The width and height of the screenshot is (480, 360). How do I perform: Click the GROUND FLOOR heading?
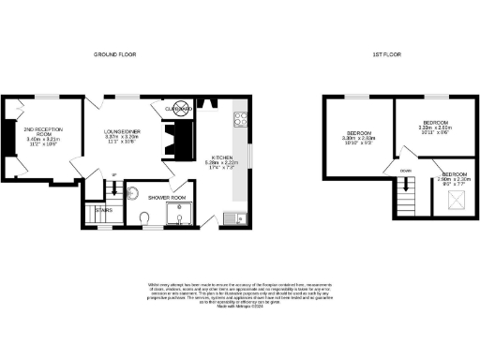[115, 55]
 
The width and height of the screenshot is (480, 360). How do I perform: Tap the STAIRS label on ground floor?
[105, 210]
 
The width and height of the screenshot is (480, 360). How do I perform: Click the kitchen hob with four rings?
[239, 119]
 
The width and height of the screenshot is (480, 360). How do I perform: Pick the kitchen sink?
[233, 219]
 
